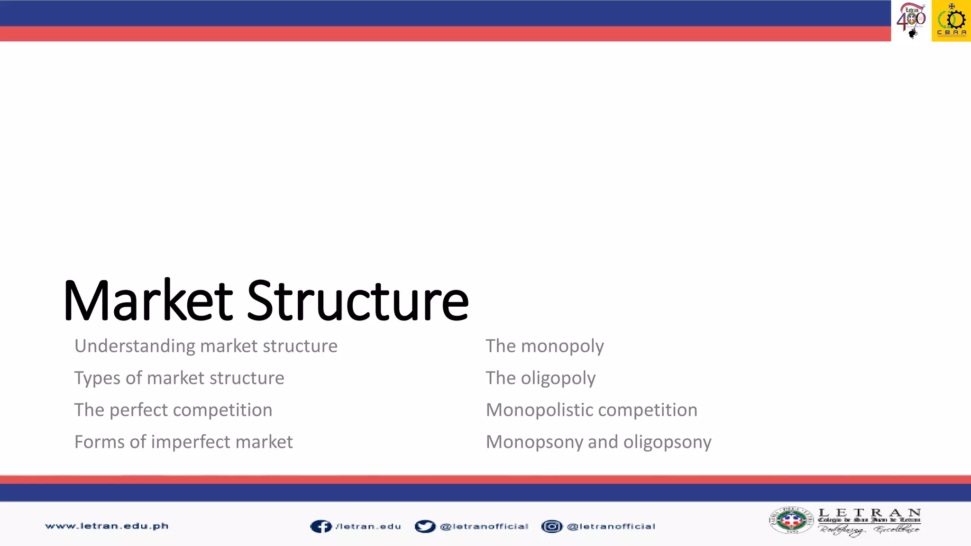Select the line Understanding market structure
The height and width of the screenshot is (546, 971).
pyautogui.click(x=206, y=346)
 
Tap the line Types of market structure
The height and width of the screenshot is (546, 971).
pyautogui.click(x=179, y=378)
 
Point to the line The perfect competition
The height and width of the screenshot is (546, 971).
pyautogui.click(x=174, y=410)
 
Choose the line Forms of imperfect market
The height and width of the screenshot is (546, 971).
pyautogui.click(x=183, y=442)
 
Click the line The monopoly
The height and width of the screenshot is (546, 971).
pyautogui.click(x=545, y=346)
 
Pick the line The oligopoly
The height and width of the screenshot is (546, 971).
pyautogui.click(x=540, y=378)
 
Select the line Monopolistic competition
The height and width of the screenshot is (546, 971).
pyautogui.click(x=592, y=410)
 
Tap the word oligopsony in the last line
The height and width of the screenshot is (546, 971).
pyautogui.click(x=667, y=442)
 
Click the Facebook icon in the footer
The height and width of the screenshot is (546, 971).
pyautogui.click(x=321, y=527)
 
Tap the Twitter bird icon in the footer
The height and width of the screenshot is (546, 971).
pyautogui.click(x=425, y=527)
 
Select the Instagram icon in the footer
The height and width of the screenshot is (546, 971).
pyautogui.click(x=551, y=527)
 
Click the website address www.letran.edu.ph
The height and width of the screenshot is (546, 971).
pyautogui.click(x=107, y=526)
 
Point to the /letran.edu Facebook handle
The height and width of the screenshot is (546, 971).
pyautogui.click(x=368, y=527)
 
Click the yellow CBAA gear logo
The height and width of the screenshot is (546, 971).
pyautogui.click(x=952, y=21)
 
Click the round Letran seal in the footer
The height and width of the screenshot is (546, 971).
pyautogui.click(x=791, y=520)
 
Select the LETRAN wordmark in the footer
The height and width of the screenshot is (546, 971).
pyautogui.click(x=870, y=514)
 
